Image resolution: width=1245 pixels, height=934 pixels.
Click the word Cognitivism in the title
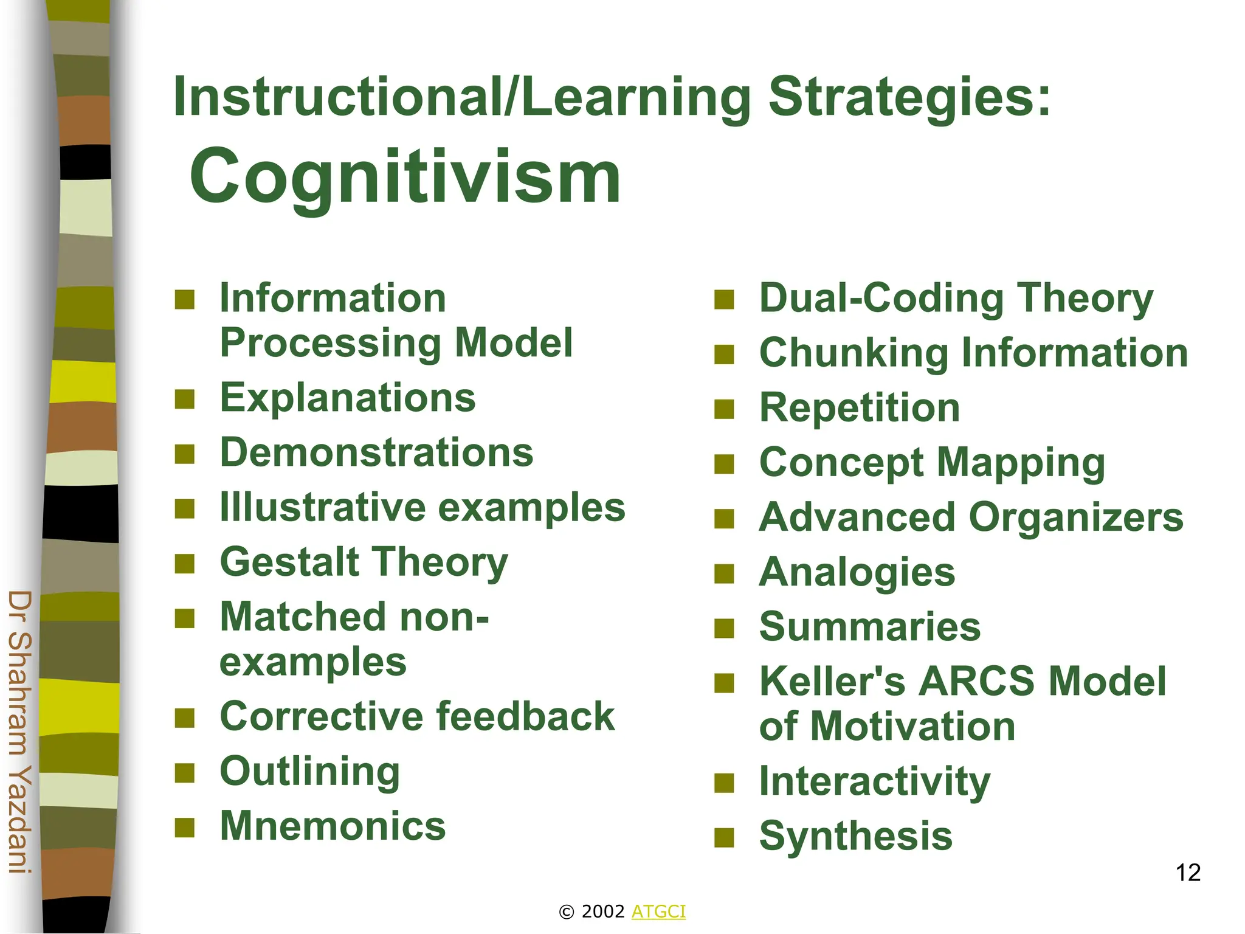pos(405,177)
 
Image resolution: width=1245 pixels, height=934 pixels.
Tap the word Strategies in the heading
pos(909,97)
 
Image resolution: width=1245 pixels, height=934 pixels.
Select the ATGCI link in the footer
pos(658,912)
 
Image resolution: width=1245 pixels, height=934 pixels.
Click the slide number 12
pos(1188,873)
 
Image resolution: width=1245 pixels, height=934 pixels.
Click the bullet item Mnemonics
pos(333,826)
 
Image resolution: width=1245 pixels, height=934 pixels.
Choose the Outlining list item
pos(310,771)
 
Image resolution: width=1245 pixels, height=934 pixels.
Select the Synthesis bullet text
pos(855,835)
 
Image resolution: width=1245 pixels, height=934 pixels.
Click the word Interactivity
pos(875,781)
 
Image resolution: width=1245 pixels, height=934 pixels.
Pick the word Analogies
pos(857,572)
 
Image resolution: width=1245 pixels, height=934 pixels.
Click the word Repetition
pos(860,407)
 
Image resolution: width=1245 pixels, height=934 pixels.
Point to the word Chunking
pos(854,353)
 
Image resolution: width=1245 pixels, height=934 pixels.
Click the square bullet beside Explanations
pos(184,400)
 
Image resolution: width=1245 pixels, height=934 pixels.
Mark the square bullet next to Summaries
pos(724,628)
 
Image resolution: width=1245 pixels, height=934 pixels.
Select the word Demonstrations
pos(376,452)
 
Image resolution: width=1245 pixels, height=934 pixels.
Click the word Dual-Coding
pos(881,299)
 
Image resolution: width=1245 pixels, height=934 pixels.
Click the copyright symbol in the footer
pos(566,912)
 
